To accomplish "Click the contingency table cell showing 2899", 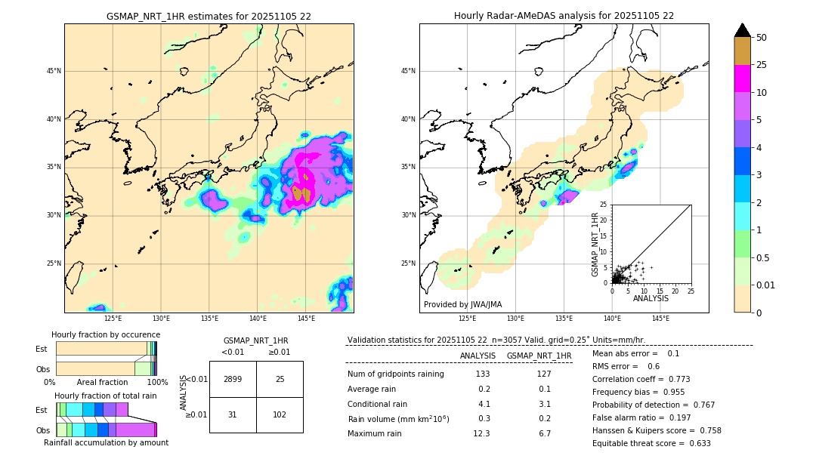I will click(233, 379).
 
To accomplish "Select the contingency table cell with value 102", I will click(280, 414).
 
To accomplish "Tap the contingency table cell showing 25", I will click(280, 379).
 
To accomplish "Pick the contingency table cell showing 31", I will click(233, 414).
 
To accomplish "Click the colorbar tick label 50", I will click(762, 38).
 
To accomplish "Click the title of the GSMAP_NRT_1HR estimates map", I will click(209, 16).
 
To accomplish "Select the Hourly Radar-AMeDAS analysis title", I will click(564, 16).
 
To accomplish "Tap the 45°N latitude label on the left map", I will click(53, 71).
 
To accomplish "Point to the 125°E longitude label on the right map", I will click(468, 319).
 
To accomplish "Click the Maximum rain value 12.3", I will click(482, 433).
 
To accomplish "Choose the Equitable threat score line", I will click(651, 443).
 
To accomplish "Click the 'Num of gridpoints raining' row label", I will click(396, 374).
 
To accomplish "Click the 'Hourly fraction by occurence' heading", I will click(106, 334).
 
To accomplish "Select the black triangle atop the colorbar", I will click(743, 30).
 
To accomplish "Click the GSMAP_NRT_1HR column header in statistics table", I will click(539, 356).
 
